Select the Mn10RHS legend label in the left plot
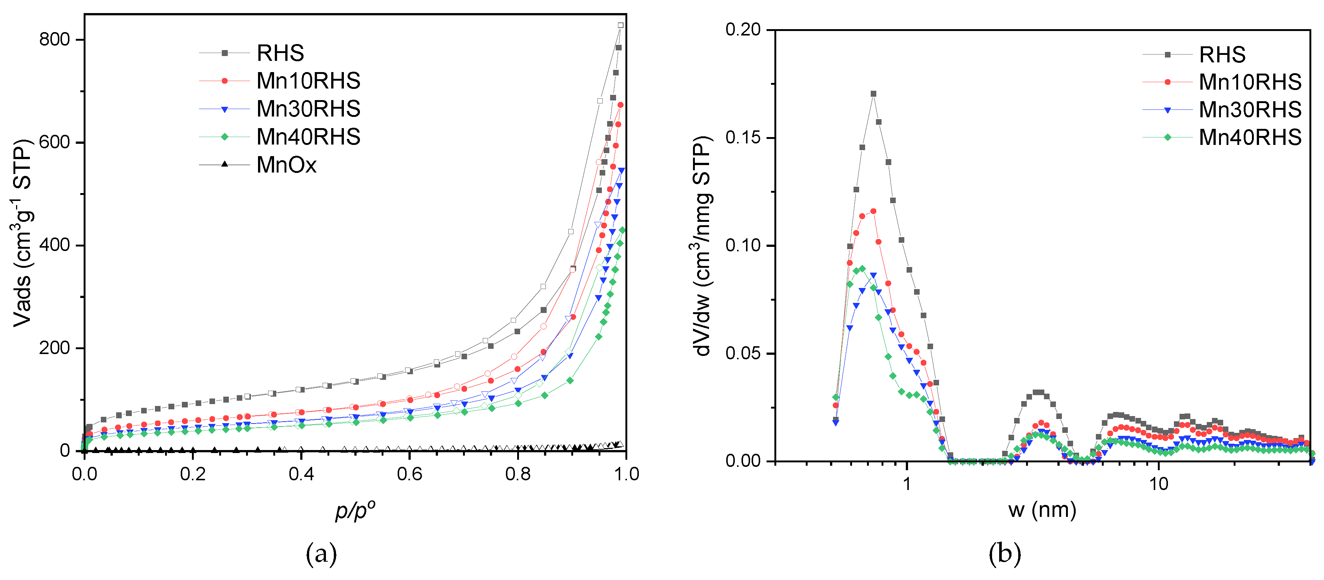308,81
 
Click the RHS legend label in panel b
1222,55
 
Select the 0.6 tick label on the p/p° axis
409,474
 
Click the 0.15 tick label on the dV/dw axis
743,138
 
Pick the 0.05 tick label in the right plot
743,354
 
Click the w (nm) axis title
1042,510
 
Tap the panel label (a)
321,554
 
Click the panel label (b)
1004,554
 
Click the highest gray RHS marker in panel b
873,94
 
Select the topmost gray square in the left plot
620,25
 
